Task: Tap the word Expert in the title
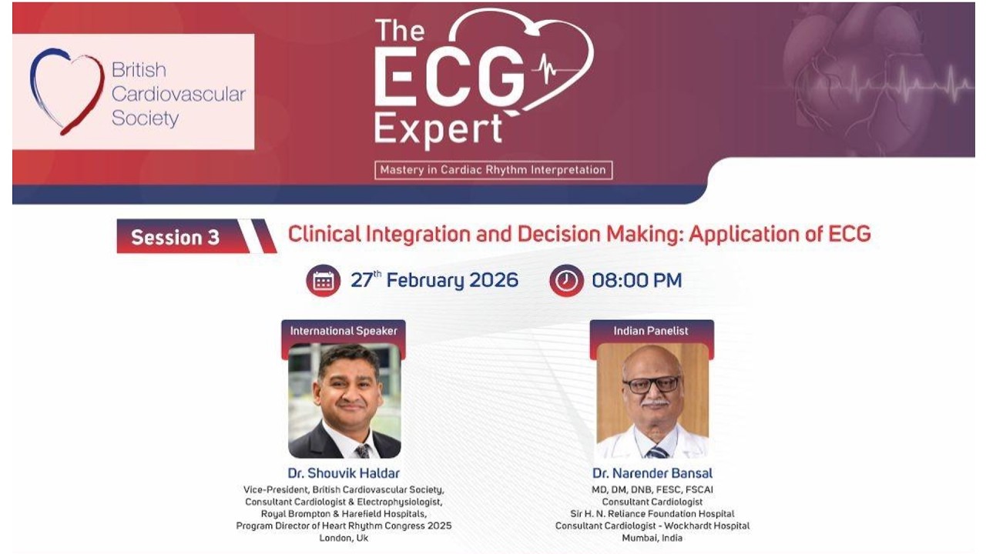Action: tap(438, 130)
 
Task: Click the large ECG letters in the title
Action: tap(449, 81)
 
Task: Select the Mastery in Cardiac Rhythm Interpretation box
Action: tap(493, 170)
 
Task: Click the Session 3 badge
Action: tap(185, 236)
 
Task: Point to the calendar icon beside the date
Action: tap(323, 281)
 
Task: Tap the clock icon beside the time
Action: tap(566, 281)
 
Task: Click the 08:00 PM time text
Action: tap(636, 281)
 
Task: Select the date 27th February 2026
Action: tap(434, 281)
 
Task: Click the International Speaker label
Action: tap(344, 331)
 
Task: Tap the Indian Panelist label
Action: tap(651, 331)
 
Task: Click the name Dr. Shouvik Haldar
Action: tap(344, 473)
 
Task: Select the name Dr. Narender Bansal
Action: tap(652, 473)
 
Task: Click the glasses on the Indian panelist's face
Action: tap(652, 385)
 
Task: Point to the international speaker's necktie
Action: tap(363, 451)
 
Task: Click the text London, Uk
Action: tap(344, 538)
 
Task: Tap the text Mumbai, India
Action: tap(652, 538)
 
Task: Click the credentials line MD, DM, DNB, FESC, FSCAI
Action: tap(652, 490)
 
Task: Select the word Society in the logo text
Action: tap(146, 118)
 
